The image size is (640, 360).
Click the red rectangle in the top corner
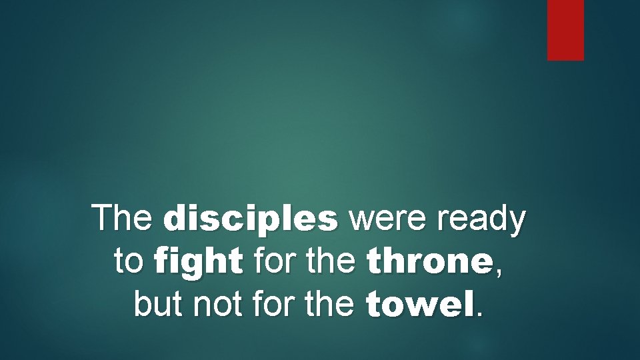565,29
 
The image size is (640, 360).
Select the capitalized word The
124,218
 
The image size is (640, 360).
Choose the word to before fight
127,262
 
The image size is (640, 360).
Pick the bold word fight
197,262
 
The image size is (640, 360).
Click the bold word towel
421,304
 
